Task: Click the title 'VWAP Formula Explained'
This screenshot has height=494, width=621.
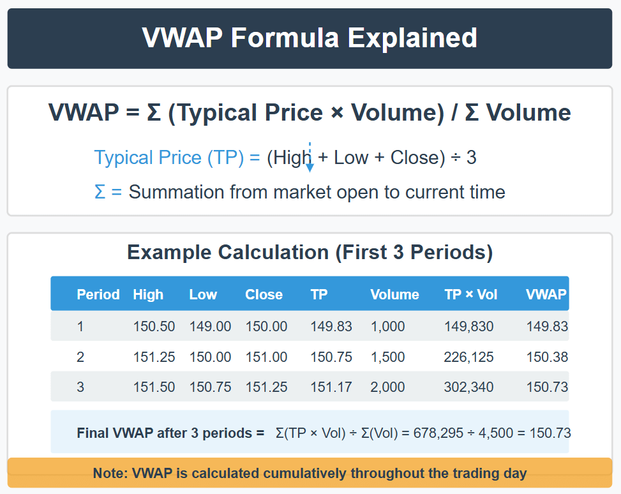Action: [310, 38]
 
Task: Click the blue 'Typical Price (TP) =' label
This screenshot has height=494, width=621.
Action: [177, 157]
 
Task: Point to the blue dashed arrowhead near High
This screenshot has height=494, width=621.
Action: [310, 168]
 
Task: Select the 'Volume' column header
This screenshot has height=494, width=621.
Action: [394, 295]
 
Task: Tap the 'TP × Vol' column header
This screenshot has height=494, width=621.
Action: [471, 295]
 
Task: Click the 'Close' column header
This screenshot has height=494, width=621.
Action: [264, 295]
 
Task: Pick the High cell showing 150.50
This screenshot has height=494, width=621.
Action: [154, 326]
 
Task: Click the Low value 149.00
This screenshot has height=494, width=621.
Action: [210, 326]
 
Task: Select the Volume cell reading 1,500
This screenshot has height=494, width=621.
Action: [387, 357]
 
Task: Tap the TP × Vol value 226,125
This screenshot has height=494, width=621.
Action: [468, 357]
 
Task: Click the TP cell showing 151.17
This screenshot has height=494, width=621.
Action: [331, 387]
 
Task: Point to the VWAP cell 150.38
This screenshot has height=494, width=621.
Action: [547, 357]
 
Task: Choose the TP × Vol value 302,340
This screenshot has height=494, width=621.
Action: [468, 387]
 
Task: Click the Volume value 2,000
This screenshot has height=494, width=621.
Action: [387, 387]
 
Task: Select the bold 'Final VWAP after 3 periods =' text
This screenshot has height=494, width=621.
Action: [170, 433]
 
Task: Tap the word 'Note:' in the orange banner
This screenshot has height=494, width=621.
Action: [110, 474]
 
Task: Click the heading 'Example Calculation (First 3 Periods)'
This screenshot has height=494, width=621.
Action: [310, 252]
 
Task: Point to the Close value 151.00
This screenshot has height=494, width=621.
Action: [266, 357]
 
